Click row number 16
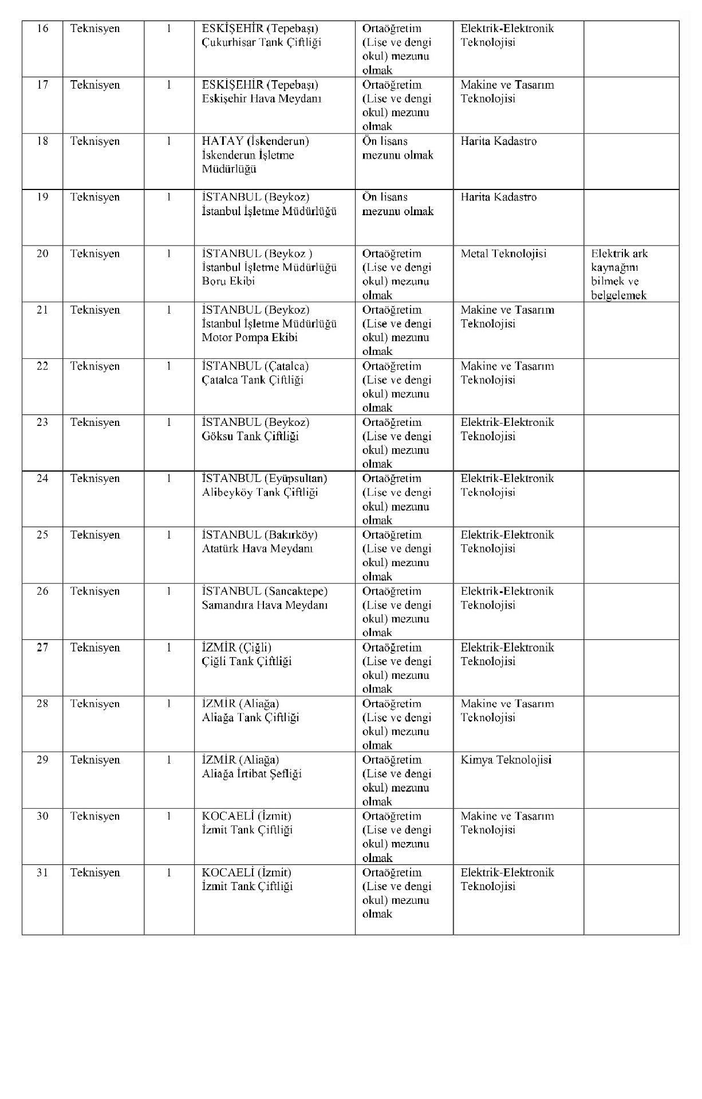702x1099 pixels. [42, 29]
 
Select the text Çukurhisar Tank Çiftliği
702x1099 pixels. [261, 42]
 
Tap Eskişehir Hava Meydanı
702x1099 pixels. [261, 98]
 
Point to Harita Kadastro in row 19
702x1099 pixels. [498, 197]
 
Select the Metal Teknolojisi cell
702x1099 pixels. [503, 254]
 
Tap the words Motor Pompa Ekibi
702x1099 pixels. [250, 337]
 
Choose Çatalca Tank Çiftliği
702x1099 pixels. [253, 380]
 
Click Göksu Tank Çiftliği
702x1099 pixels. [250, 436]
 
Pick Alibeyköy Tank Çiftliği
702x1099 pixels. [259, 492]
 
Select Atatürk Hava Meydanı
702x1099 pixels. [257, 548]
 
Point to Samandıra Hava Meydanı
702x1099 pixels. [265, 605]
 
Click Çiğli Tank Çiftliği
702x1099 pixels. [247, 661]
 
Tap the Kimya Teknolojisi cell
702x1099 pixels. [506, 760]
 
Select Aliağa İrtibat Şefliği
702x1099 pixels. [251, 774]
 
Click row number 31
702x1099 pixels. [42, 873]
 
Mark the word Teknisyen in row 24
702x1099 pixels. [95, 479]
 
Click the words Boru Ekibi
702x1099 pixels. [228, 281]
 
